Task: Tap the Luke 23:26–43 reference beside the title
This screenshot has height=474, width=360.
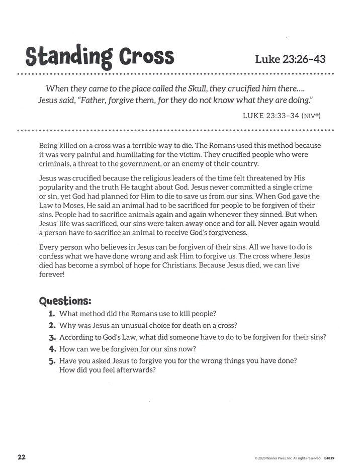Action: click(291, 59)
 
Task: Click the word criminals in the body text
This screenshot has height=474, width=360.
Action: click(54, 164)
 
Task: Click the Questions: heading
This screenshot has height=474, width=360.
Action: click(65, 301)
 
